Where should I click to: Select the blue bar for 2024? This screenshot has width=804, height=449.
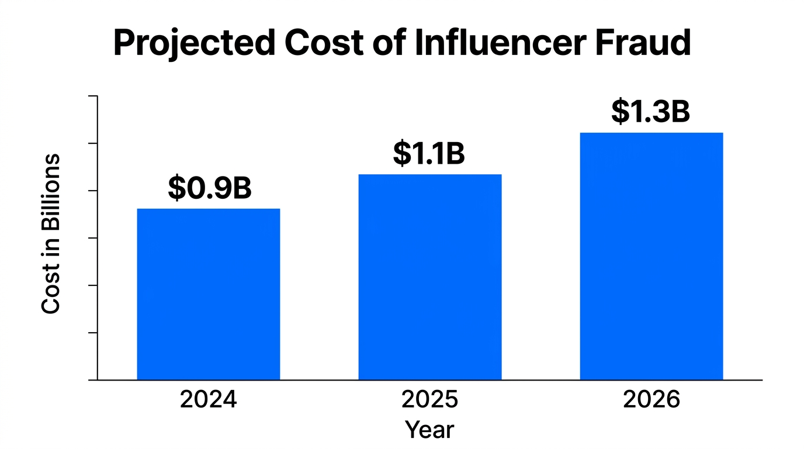coord(208,294)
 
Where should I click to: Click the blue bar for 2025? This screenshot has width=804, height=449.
coord(429,277)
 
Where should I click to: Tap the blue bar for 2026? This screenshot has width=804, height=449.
coord(651,256)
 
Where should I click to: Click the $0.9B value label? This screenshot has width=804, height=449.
coord(209,188)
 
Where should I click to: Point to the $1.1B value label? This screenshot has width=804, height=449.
coord(428,153)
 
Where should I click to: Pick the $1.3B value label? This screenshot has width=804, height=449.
coord(650,112)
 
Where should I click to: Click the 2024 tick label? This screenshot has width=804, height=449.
coord(208,400)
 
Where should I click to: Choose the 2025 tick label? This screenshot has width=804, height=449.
coord(429,400)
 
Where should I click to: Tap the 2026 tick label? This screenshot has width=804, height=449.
coord(651,400)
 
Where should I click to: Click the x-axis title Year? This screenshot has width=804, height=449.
coord(429,430)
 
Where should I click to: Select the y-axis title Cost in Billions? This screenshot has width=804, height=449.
coord(51,234)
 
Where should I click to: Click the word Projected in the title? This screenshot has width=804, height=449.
coord(193,43)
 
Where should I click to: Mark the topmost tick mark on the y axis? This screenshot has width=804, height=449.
coord(92,96)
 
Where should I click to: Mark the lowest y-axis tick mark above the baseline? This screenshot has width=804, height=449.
coord(92,333)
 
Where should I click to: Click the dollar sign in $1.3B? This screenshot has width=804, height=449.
coord(620,112)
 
